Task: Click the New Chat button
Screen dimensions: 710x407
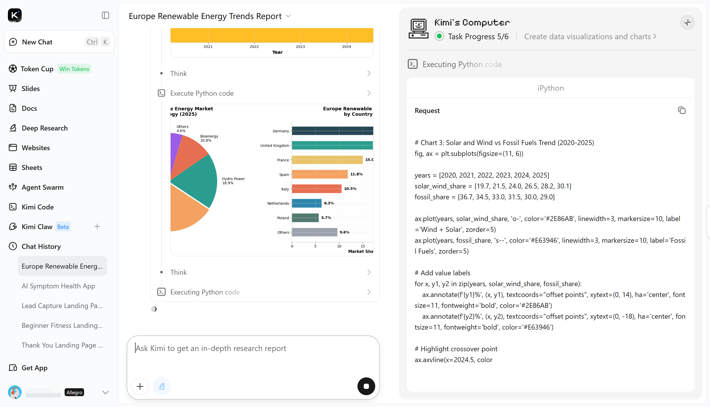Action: (x=59, y=42)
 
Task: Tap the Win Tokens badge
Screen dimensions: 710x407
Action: (x=74, y=69)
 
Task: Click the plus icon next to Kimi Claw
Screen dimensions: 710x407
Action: (x=97, y=226)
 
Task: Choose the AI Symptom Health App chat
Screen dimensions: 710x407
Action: (x=58, y=286)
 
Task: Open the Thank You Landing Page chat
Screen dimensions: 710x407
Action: (x=62, y=345)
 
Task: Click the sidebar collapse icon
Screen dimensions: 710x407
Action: (x=105, y=15)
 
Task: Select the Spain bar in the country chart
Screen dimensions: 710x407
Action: (x=320, y=174)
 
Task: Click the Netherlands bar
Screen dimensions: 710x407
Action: (x=307, y=203)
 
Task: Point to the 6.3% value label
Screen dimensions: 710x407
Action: (x=329, y=203)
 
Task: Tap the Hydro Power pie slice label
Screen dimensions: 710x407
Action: (x=233, y=181)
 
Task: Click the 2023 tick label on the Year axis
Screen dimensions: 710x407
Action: (x=300, y=47)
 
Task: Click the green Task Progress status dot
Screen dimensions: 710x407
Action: (x=439, y=36)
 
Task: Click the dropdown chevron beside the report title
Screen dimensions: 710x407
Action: (x=288, y=16)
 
